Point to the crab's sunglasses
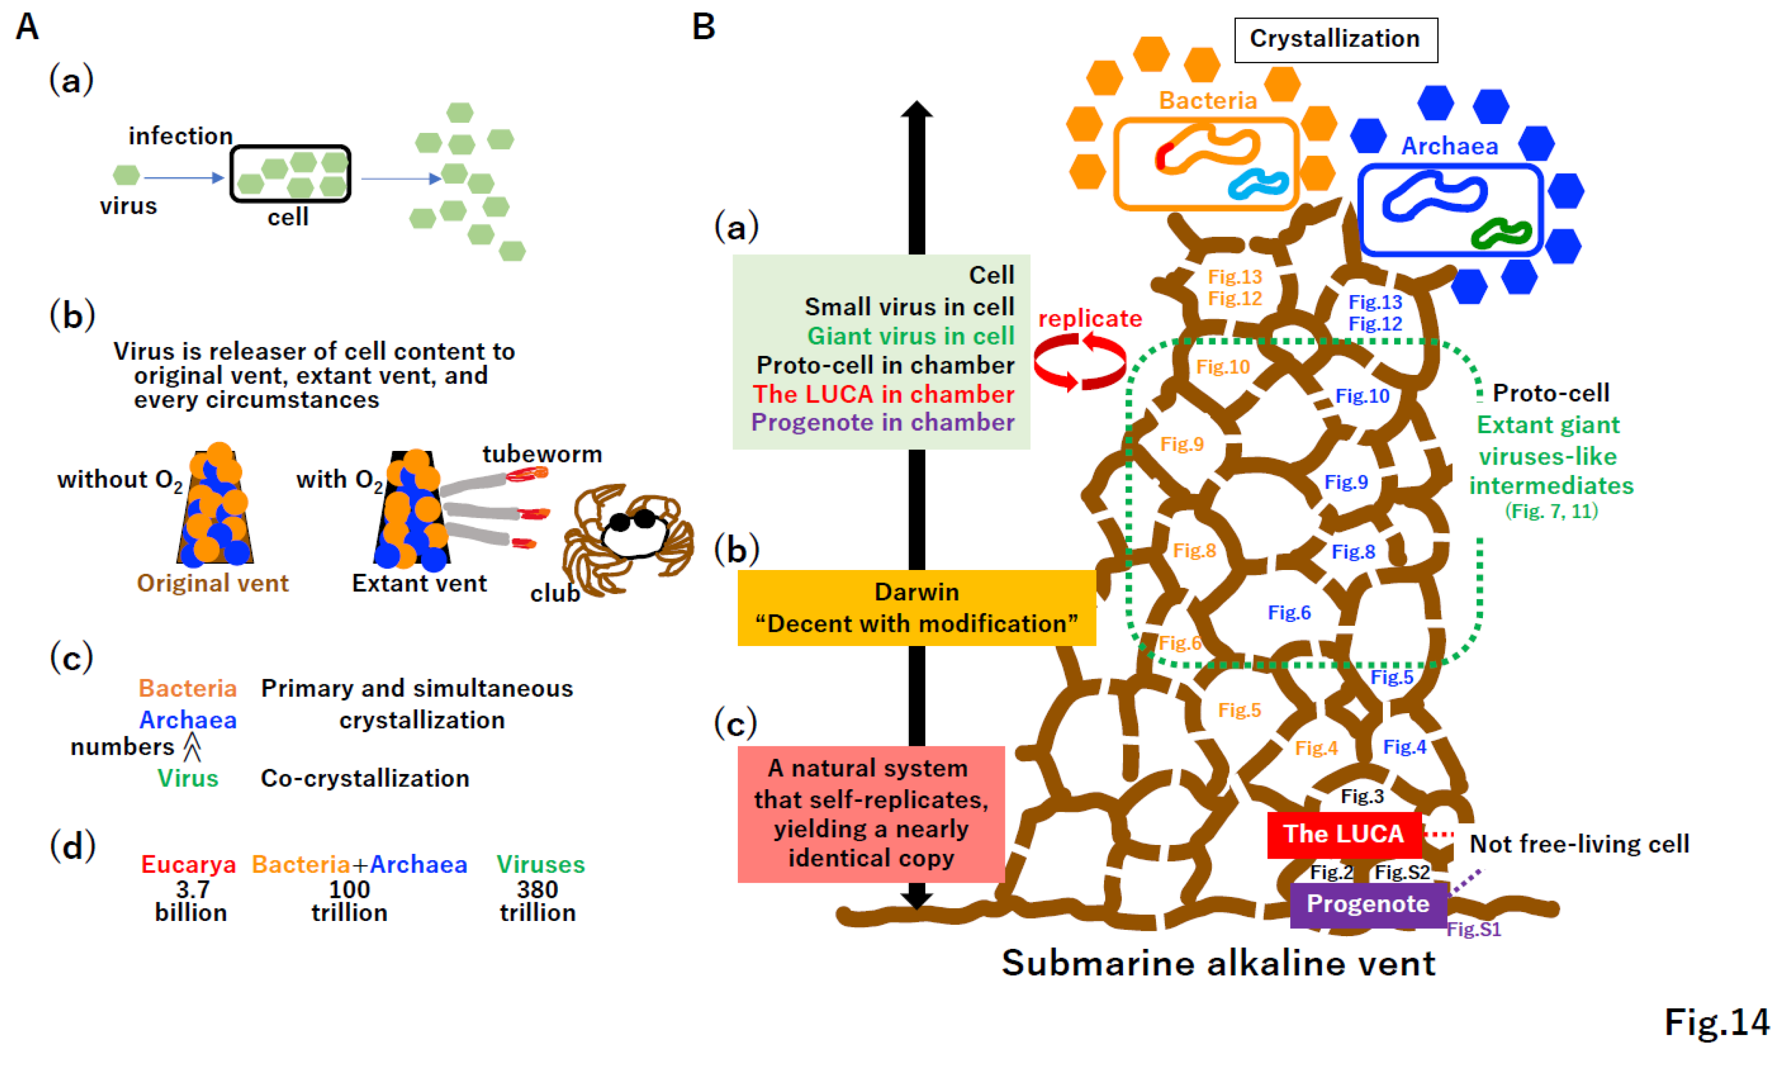point(632,520)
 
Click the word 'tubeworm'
point(541,454)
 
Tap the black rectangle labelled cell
point(291,174)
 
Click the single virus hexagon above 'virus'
point(126,174)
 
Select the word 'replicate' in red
point(1089,319)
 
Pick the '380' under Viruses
point(537,890)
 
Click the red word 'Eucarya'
point(188,864)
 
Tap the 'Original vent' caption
point(213,583)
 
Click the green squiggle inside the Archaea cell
point(1501,234)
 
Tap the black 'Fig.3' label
point(1362,796)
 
